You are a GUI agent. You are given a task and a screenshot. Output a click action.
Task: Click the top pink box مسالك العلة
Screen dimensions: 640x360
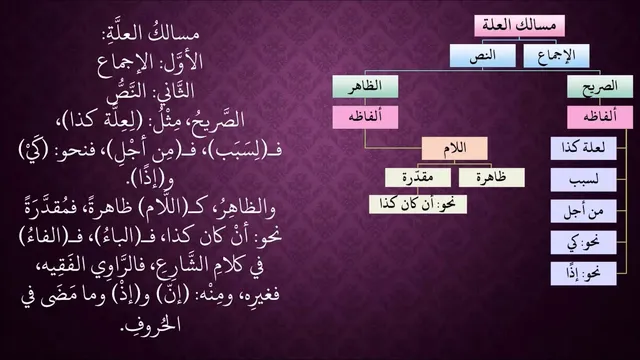519,26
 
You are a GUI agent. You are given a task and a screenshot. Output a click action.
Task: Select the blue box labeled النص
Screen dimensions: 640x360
483,56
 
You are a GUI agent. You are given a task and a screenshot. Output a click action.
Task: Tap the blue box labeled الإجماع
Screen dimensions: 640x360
556,56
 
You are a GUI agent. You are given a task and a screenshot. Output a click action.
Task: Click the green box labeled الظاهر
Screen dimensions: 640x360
365,86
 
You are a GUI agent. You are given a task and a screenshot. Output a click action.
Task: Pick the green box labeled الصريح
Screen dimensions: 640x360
600,87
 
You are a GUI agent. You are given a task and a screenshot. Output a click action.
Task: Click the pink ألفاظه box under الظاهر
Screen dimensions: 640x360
365,117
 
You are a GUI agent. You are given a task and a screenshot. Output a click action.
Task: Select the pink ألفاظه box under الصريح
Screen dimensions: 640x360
600,117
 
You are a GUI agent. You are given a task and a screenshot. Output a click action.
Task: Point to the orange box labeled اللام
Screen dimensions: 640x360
455,148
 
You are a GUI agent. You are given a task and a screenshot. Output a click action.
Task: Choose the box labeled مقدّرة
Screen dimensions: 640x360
418,178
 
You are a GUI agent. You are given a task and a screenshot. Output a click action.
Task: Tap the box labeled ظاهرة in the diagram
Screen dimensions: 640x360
491,178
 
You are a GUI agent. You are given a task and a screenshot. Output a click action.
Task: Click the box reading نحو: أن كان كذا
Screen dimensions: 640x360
418,204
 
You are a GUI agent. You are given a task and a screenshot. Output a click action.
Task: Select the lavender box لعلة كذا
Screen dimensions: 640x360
583,148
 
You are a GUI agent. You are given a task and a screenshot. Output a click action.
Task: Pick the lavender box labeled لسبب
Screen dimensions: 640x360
583,180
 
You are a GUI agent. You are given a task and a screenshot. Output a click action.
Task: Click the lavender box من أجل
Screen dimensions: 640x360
583,211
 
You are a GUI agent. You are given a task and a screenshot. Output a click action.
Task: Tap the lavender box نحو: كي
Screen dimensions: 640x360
583,242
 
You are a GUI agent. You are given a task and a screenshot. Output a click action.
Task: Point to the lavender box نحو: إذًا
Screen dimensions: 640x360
583,273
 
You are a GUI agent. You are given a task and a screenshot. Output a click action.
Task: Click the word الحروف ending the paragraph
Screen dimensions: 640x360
152,324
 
